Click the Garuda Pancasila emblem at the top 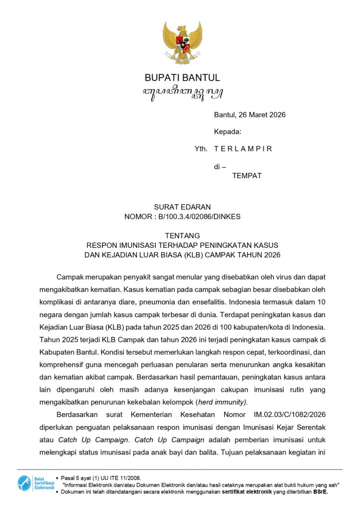coord(182,42)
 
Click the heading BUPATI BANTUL coord(182,78)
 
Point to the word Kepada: coord(227,132)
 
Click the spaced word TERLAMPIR coord(243,149)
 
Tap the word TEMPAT coord(247,176)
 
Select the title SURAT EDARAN coord(182,207)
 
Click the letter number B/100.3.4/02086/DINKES coord(199,216)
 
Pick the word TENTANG coord(182,235)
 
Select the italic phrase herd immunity coord(222,402)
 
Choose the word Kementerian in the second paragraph coord(151,414)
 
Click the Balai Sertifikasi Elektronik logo coord(36,483)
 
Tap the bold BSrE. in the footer coord(320,491)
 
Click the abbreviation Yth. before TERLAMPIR coord(201,149)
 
